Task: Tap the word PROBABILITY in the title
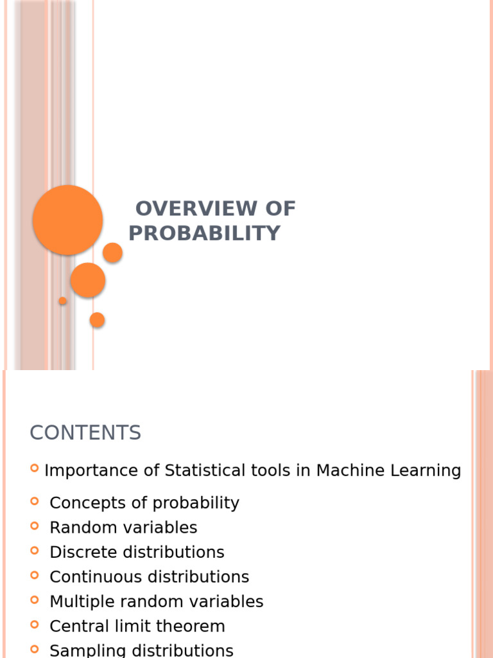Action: tap(204, 233)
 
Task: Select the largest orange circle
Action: tap(67, 220)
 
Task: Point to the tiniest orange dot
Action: tap(62, 301)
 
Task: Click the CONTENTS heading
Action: tap(85, 433)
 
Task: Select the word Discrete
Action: tap(80, 553)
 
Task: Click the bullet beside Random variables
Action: tap(35, 526)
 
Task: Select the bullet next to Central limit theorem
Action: tap(35, 625)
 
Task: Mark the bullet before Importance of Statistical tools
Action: tap(35, 468)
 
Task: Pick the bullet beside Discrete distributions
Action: tap(35, 551)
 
